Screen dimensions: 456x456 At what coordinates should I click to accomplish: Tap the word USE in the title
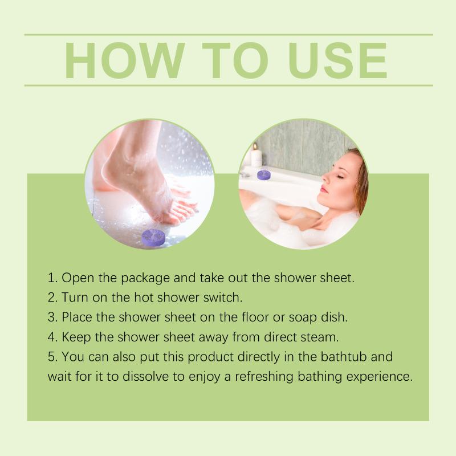click(337, 60)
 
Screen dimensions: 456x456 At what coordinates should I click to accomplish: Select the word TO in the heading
click(235, 60)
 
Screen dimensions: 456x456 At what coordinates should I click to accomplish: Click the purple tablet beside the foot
click(153, 237)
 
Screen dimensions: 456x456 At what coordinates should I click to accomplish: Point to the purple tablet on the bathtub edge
click(264, 175)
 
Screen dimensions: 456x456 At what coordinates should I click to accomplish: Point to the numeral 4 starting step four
click(51, 337)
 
